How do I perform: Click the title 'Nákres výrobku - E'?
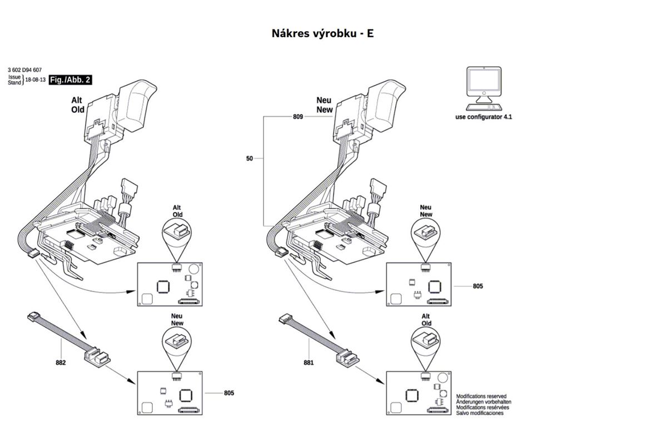[322, 33]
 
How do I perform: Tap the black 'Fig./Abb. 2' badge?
[70, 80]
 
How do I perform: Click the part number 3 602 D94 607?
[25, 70]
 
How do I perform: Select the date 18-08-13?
[36, 80]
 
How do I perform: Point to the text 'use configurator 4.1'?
[483, 117]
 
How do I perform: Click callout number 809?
[298, 117]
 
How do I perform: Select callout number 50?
[250, 159]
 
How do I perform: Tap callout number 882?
[61, 363]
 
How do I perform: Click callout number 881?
[309, 363]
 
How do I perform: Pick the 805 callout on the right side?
[478, 286]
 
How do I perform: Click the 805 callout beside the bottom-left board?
[229, 393]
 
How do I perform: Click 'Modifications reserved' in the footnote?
[481, 397]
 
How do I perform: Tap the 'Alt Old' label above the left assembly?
[78, 106]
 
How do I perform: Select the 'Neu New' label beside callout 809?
[325, 106]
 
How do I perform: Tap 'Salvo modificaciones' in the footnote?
[480, 413]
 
